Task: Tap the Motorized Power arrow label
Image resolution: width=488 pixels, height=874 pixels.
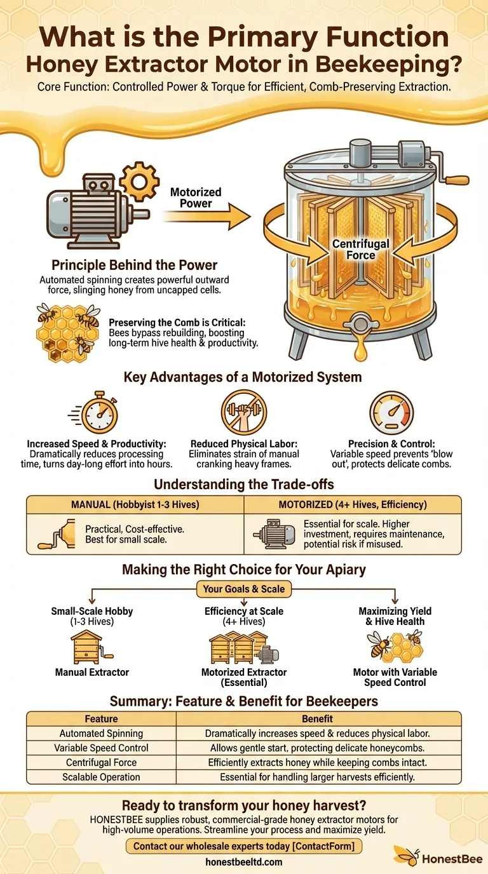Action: pyautogui.click(x=196, y=198)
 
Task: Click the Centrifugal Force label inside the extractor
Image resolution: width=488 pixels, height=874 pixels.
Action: pyautogui.click(x=360, y=249)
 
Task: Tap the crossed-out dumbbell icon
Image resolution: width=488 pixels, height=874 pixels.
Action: pyautogui.click(x=244, y=413)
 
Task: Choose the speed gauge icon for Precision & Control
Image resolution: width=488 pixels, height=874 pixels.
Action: pyautogui.click(x=391, y=413)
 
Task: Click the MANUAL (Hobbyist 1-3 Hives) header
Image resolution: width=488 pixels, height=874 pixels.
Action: pyautogui.click(x=135, y=505)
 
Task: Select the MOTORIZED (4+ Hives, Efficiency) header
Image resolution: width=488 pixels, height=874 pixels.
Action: pyautogui.click(x=353, y=505)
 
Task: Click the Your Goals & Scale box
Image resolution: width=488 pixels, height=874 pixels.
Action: pyautogui.click(x=244, y=589)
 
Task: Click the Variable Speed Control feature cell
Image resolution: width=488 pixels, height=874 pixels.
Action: pyautogui.click(x=101, y=748)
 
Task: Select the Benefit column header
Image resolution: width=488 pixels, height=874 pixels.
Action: pyautogui.click(x=318, y=718)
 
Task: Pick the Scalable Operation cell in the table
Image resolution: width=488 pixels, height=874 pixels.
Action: pyautogui.click(x=101, y=776)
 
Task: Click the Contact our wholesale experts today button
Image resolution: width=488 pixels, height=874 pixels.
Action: pyautogui.click(x=244, y=845)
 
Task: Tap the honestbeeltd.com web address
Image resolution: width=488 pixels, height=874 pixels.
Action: pyautogui.click(x=244, y=862)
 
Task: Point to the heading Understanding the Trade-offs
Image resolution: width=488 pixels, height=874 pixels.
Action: pyautogui.click(x=244, y=484)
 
